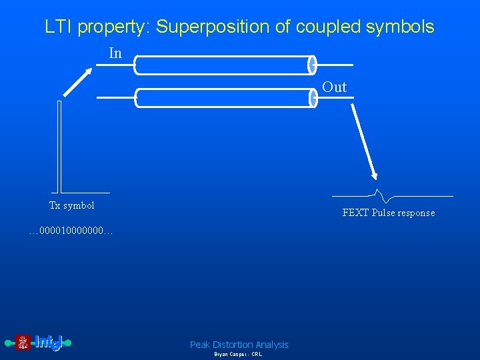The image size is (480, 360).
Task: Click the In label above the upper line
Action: pyautogui.click(x=115, y=53)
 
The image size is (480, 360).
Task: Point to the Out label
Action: pyautogui.click(x=335, y=87)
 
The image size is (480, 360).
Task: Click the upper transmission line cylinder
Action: pyautogui.click(x=223, y=65)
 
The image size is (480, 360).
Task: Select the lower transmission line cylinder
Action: pyautogui.click(x=223, y=98)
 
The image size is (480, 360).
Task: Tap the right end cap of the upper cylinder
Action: pyautogui.click(x=312, y=65)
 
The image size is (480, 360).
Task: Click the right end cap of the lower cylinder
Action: pyautogui.click(x=312, y=98)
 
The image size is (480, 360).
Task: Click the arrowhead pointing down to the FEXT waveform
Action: pyautogui.click(x=374, y=175)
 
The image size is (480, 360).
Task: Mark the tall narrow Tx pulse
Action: pyautogui.click(x=60, y=147)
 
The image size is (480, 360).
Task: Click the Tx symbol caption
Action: pyautogui.click(x=72, y=205)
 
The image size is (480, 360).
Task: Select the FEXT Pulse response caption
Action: pyautogui.click(x=388, y=213)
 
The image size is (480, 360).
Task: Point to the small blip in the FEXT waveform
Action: pyautogui.click(x=381, y=195)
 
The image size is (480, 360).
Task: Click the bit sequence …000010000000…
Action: pyautogui.click(x=71, y=231)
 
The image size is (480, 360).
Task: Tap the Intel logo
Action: pyautogui.click(x=39, y=343)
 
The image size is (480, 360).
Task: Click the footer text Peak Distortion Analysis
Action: pyautogui.click(x=239, y=345)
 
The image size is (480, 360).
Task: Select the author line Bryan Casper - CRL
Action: pyautogui.click(x=238, y=355)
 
